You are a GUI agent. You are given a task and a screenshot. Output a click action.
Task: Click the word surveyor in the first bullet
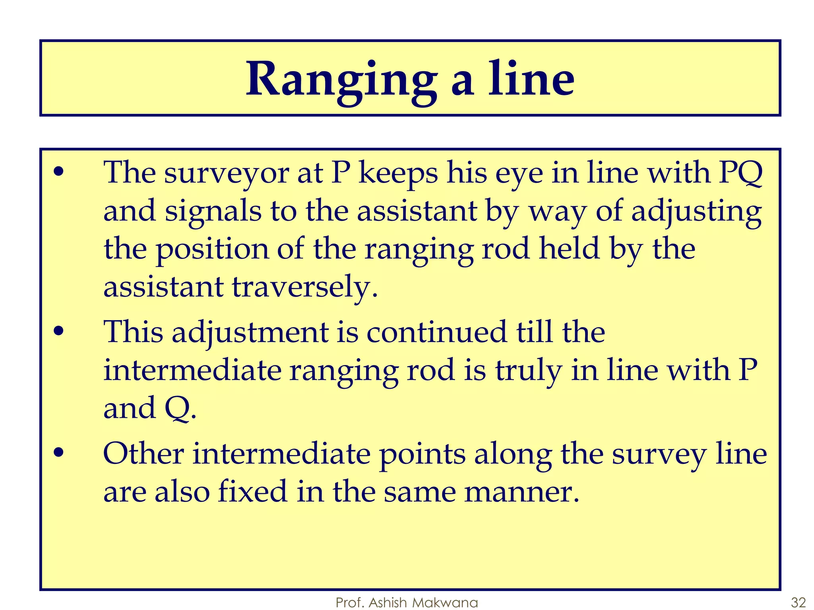227,174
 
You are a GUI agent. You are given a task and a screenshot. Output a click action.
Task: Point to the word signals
213,212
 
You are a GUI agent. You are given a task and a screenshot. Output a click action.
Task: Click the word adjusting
696,212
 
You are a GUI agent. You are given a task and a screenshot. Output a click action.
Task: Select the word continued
436,332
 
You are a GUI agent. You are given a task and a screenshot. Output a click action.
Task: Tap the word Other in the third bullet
143,454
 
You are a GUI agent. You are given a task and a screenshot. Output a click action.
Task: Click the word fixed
253,492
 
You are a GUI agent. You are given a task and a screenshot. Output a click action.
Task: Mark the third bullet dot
58,453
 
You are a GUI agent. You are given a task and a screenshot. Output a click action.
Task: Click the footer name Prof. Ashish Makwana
407,602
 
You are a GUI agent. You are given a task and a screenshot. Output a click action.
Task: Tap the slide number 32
798,602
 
